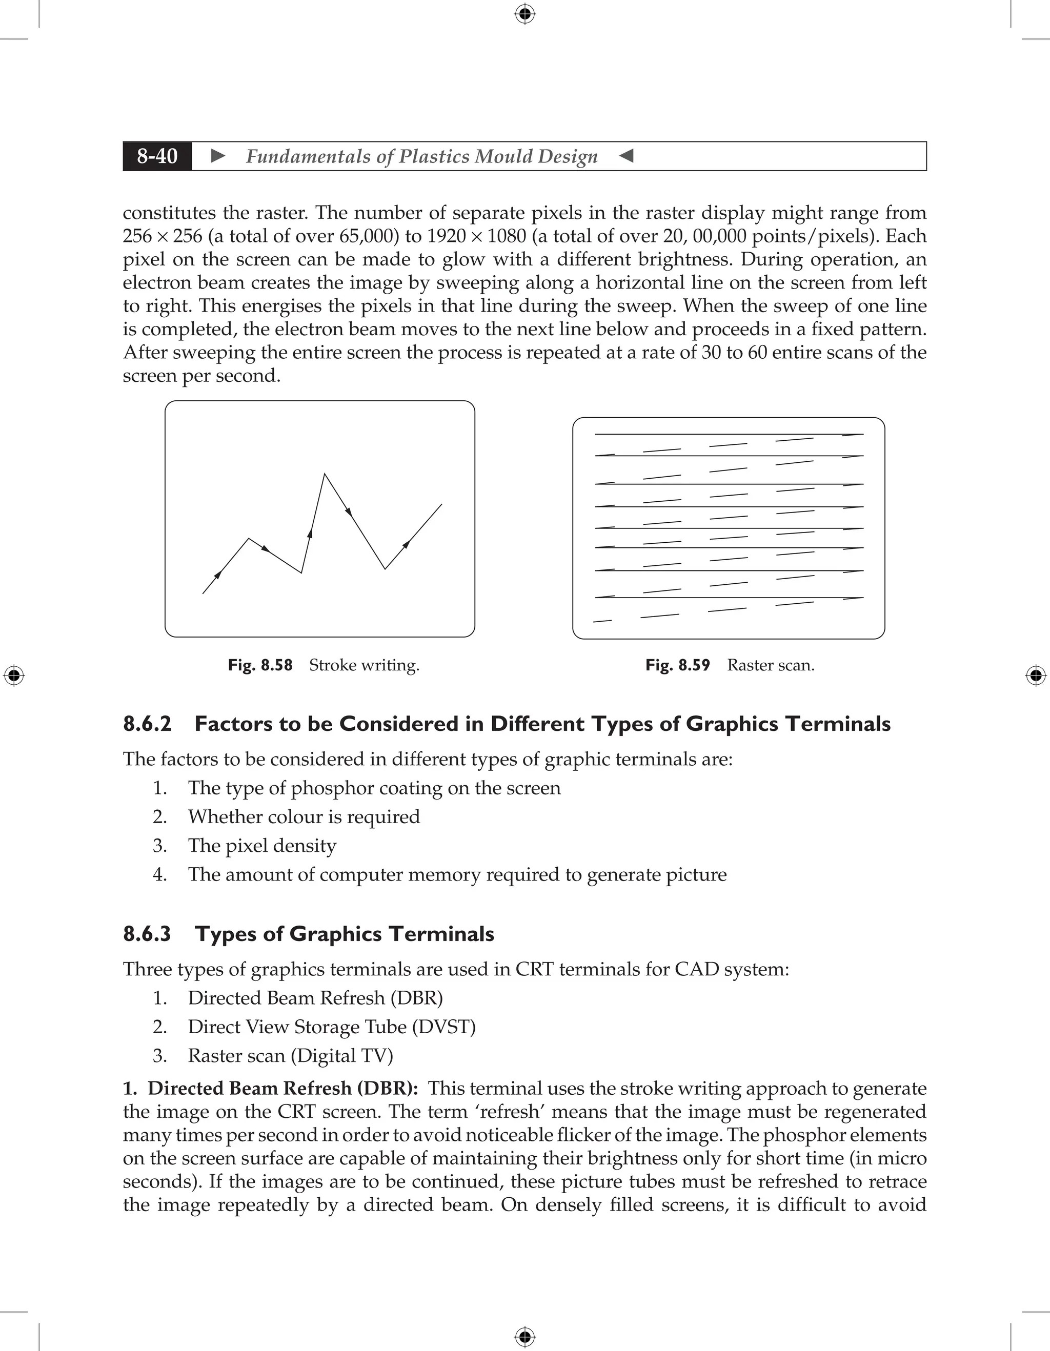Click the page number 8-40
click(157, 156)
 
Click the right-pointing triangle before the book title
click(218, 156)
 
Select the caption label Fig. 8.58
click(260, 665)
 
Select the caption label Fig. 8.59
click(677, 665)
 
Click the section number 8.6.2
click(147, 724)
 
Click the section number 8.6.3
click(147, 933)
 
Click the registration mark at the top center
click(524, 14)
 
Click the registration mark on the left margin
click(14, 675)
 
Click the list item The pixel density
click(262, 846)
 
